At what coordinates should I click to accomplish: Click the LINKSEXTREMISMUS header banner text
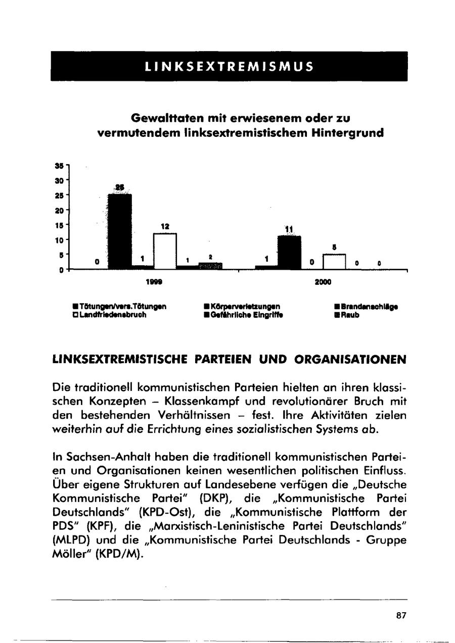pyautogui.click(x=229, y=66)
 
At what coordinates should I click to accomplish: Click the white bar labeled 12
pyautogui.click(x=165, y=251)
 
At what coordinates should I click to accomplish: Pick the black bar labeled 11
pyautogui.click(x=289, y=253)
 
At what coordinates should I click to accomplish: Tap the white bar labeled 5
pyautogui.click(x=334, y=262)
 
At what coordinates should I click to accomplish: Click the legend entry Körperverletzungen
pyautogui.click(x=242, y=306)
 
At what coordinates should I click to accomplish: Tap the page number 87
pyautogui.click(x=401, y=615)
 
